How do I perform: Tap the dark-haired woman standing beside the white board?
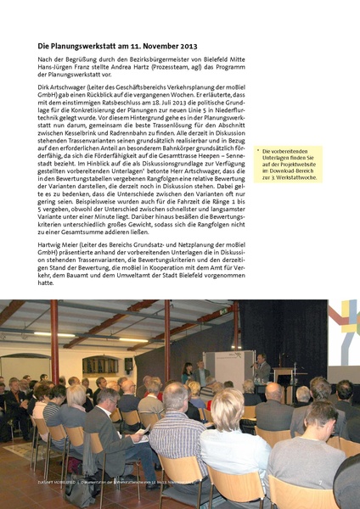(x=188, y=372)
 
